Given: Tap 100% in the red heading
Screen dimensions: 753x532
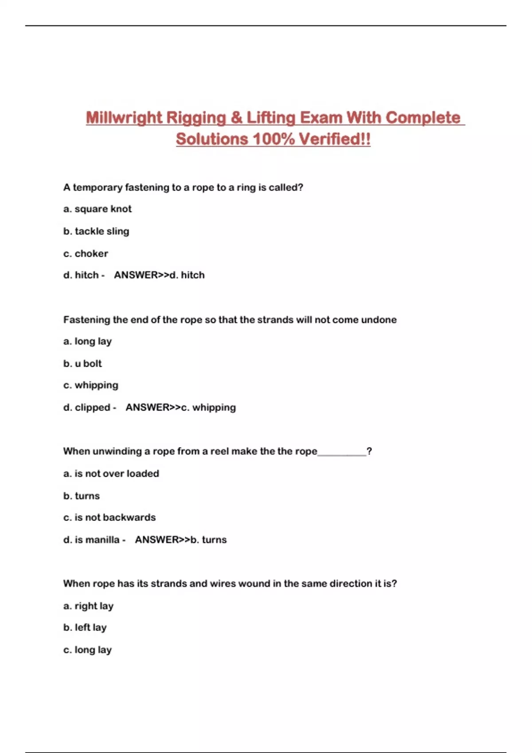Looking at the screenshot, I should pos(274,139).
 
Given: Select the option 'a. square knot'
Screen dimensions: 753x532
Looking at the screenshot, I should pos(98,209).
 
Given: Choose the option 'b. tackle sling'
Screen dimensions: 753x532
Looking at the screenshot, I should pos(96,231).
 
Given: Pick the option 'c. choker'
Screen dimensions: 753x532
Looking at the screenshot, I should pos(86,254).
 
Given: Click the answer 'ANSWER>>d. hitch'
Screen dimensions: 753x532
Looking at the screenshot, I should pos(159,275).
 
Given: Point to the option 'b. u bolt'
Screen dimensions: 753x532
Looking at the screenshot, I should pos(82,364).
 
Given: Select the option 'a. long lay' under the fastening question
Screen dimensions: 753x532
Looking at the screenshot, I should pos(87,342).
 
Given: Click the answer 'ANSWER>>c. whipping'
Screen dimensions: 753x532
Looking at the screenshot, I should pos(180,408).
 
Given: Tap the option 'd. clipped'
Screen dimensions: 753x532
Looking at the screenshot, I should pos(87,408).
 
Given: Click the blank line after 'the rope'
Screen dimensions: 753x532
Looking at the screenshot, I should pos(342,453).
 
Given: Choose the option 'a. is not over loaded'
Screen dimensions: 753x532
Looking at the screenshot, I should pos(111,474).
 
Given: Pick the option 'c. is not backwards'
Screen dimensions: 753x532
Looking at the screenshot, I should pos(110,517).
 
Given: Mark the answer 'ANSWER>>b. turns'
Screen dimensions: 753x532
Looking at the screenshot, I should pos(180,540).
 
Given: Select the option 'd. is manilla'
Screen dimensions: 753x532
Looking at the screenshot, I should pos(91,540).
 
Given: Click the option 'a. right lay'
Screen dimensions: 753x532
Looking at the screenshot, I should pos(88,606).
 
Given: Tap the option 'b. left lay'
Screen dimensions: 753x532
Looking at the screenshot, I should pos(85,628).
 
